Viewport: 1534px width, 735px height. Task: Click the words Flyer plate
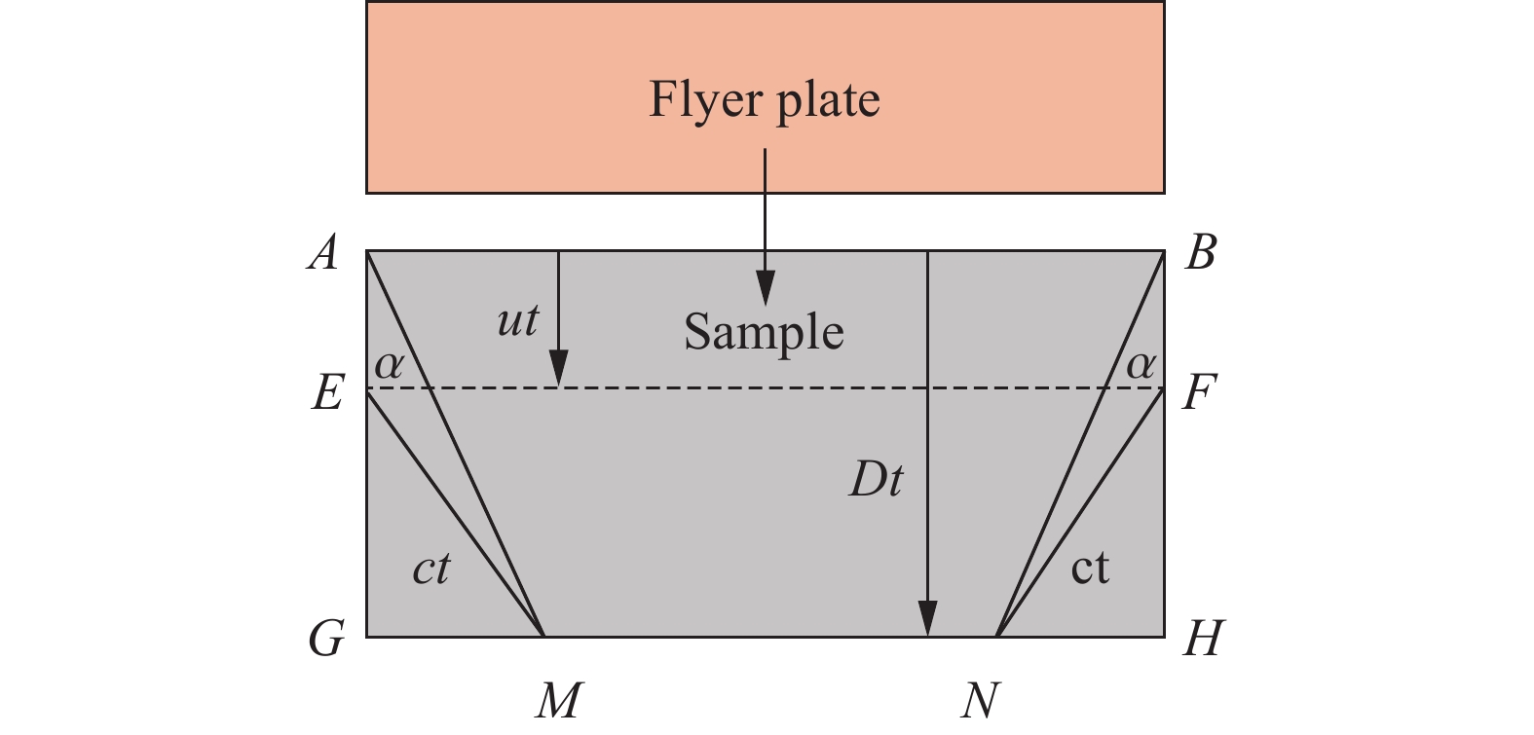coord(765,100)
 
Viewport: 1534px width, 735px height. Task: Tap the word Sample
coord(764,333)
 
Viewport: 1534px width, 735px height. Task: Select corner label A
coord(324,253)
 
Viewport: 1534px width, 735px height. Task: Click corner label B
coord(1201,253)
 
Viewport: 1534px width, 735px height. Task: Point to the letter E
coord(327,393)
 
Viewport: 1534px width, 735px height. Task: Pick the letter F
coord(1198,393)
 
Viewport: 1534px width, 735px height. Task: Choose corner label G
coord(326,640)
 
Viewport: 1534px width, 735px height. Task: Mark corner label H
coord(1202,640)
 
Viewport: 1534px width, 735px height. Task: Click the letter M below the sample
coord(559,699)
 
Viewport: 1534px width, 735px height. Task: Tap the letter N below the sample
coord(979,699)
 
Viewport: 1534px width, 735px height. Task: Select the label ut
coord(517,320)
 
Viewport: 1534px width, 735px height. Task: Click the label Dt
coord(877,479)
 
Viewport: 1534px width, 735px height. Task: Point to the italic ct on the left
coord(431,568)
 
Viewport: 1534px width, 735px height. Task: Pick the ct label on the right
coord(1090,568)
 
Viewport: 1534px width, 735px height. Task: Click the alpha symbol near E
coord(389,365)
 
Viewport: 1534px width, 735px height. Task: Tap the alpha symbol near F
coord(1141,365)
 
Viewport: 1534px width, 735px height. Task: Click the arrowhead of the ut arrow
coord(558,371)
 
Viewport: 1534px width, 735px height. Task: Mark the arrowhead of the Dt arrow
coord(927,619)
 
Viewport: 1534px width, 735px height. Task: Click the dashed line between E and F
coord(740,388)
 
